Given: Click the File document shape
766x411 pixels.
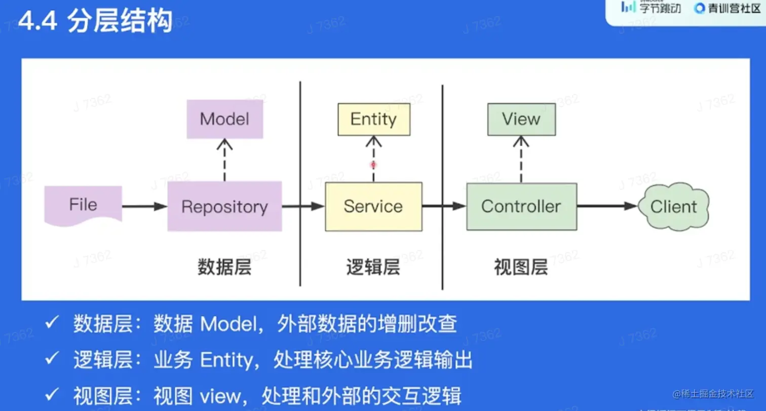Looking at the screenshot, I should pyautogui.click(x=83, y=205).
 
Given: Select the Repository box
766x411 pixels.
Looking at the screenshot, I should pyautogui.click(x=224, y=206).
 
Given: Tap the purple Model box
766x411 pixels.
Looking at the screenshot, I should pyautogui.click(x=224, y=119).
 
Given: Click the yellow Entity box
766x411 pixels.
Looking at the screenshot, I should pyautogui.click(x=373, y=120).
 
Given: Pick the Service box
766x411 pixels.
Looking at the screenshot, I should pyautogui.click(x=373, y=206).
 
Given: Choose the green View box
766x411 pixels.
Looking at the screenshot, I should pyautogui.click(x=521, y=120).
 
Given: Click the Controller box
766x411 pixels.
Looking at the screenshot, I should pyautogui.click(x=521, y=206).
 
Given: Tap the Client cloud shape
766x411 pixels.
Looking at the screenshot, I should pyautogui.click(x=673, y=207).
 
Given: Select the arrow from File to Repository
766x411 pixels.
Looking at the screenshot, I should pyautogui.click(x=144, y=206).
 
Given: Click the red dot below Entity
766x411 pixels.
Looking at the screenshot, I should pyautogui.click(x=373, y=165).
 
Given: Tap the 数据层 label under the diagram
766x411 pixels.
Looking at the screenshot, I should pyautogui.click(x=224, y=267).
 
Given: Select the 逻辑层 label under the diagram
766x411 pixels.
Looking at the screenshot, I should pyautogui.click(x=373, y=267).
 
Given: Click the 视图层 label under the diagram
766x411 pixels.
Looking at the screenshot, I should pyautogui.click(x=521, y=267).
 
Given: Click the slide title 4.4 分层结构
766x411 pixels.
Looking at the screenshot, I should pyautogui.click(x=95, y=22).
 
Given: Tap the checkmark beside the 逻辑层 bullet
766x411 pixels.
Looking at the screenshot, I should pyautogui.click(x=52, y=359).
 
